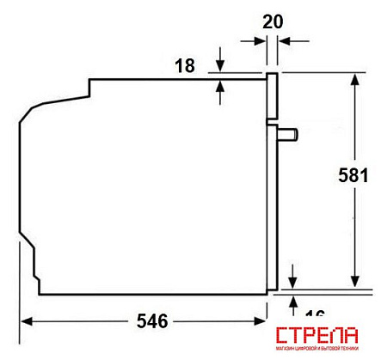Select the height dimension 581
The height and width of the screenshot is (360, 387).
point(353,175)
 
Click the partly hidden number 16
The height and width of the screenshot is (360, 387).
point(315,314)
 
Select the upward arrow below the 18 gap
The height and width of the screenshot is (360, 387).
point(221,85)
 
